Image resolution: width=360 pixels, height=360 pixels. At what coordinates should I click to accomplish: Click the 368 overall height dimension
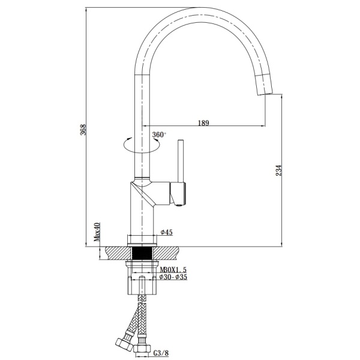83,130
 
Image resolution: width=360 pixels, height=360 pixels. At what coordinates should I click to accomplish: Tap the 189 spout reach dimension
203,123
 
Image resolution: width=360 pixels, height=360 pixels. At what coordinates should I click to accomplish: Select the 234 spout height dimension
278,170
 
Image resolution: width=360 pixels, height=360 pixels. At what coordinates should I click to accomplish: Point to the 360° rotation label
159,134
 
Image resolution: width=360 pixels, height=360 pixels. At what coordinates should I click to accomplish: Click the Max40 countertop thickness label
97,232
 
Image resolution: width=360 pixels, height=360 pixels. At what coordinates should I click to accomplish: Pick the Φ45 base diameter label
166,232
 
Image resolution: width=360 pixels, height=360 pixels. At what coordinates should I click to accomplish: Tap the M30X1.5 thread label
173,269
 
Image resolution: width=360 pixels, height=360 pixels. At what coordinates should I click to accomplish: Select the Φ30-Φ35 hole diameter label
173,277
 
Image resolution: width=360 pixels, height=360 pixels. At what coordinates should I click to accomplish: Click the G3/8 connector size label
161,353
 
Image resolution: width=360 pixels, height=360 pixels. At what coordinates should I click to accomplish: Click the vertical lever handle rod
181,161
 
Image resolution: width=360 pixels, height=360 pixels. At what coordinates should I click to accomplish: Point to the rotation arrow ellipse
142,145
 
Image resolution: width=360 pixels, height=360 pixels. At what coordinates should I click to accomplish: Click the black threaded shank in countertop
142,253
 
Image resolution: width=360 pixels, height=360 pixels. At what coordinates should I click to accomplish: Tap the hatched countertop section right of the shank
166,253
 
